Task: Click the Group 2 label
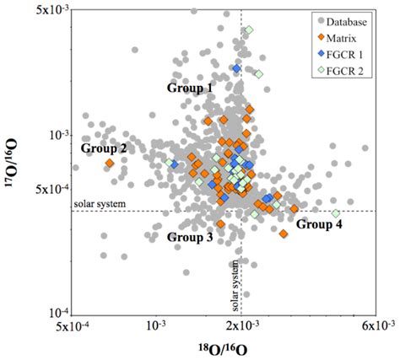point(104,148)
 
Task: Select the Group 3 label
point(190,238)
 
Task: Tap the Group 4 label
point(319,224)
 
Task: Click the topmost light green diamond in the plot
point(249,30)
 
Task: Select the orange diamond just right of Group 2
point(109,163)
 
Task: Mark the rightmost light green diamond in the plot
point(335,214)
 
